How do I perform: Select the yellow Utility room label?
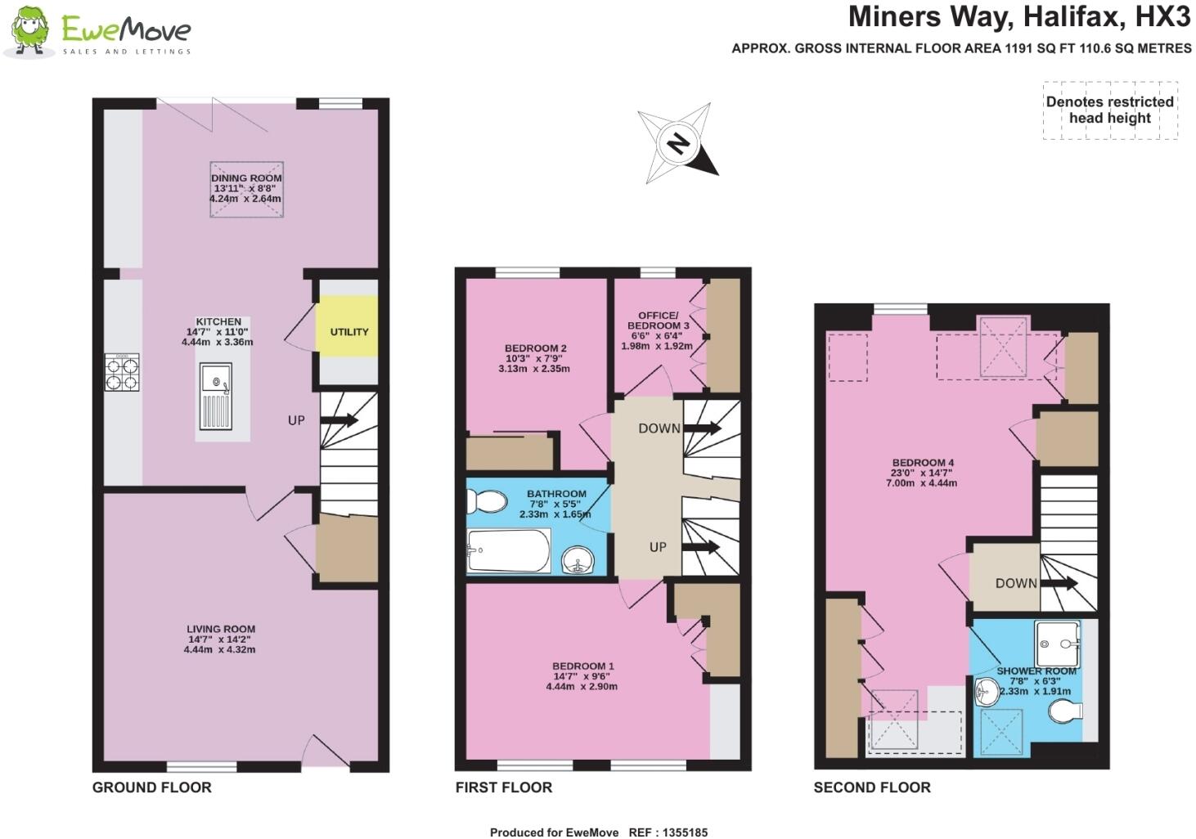pos(349,332)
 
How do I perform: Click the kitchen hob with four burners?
pos(122,372)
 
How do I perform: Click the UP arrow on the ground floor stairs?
pos(339,420)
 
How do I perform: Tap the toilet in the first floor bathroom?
pos(488,500)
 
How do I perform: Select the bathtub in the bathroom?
pos(508,551)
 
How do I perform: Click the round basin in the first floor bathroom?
pos(580,560)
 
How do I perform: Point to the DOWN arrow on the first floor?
pos(703,428)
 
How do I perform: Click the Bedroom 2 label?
pos(535,348)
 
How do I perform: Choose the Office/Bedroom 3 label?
pos(659,321)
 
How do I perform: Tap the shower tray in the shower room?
pos(1058,644)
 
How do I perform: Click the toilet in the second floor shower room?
pos(1067,712)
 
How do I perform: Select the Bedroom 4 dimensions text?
pos(923,478)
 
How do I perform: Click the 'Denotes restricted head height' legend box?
pos(1109,110)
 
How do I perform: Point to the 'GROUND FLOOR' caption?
pos(151,787)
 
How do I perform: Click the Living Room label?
pos(220,629)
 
